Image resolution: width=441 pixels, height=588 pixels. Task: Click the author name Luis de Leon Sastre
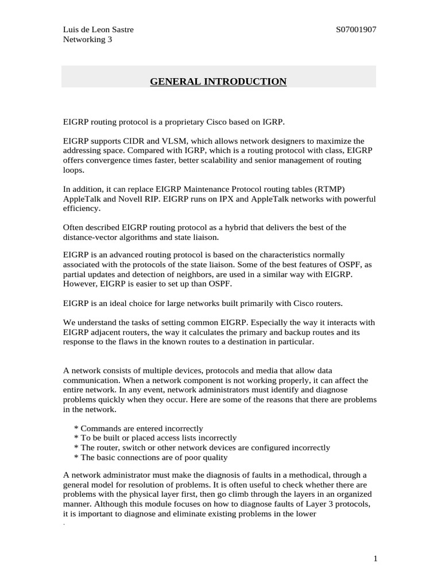tap(98, 30)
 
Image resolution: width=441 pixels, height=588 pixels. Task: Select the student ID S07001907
tap(356, 30)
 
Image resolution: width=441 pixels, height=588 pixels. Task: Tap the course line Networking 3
tap(87, 40)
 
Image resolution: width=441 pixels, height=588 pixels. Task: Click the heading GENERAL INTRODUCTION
tap(218, 82)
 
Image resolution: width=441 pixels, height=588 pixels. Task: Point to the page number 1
tap(374, 558)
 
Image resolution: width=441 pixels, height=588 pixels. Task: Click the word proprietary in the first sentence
tap(172, 122)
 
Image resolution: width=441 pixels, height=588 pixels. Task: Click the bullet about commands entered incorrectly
tap(138, 428)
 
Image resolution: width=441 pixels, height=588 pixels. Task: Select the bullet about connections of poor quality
tap(150, 458)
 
